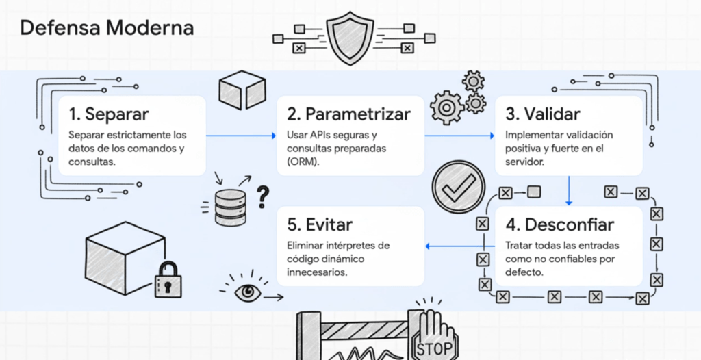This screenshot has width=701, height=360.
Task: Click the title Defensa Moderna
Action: [x=106, y=28]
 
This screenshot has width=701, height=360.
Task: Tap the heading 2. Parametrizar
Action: [x=349, y=113]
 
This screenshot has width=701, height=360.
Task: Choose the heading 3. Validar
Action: [x=543, y=113]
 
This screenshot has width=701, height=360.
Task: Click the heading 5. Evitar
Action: [x=320, y=224]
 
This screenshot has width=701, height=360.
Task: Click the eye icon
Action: [x=245, y=292]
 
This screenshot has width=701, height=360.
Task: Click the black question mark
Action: [x=262, y=196]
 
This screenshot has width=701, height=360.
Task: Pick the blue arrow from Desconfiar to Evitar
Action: [x=459, y=246]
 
